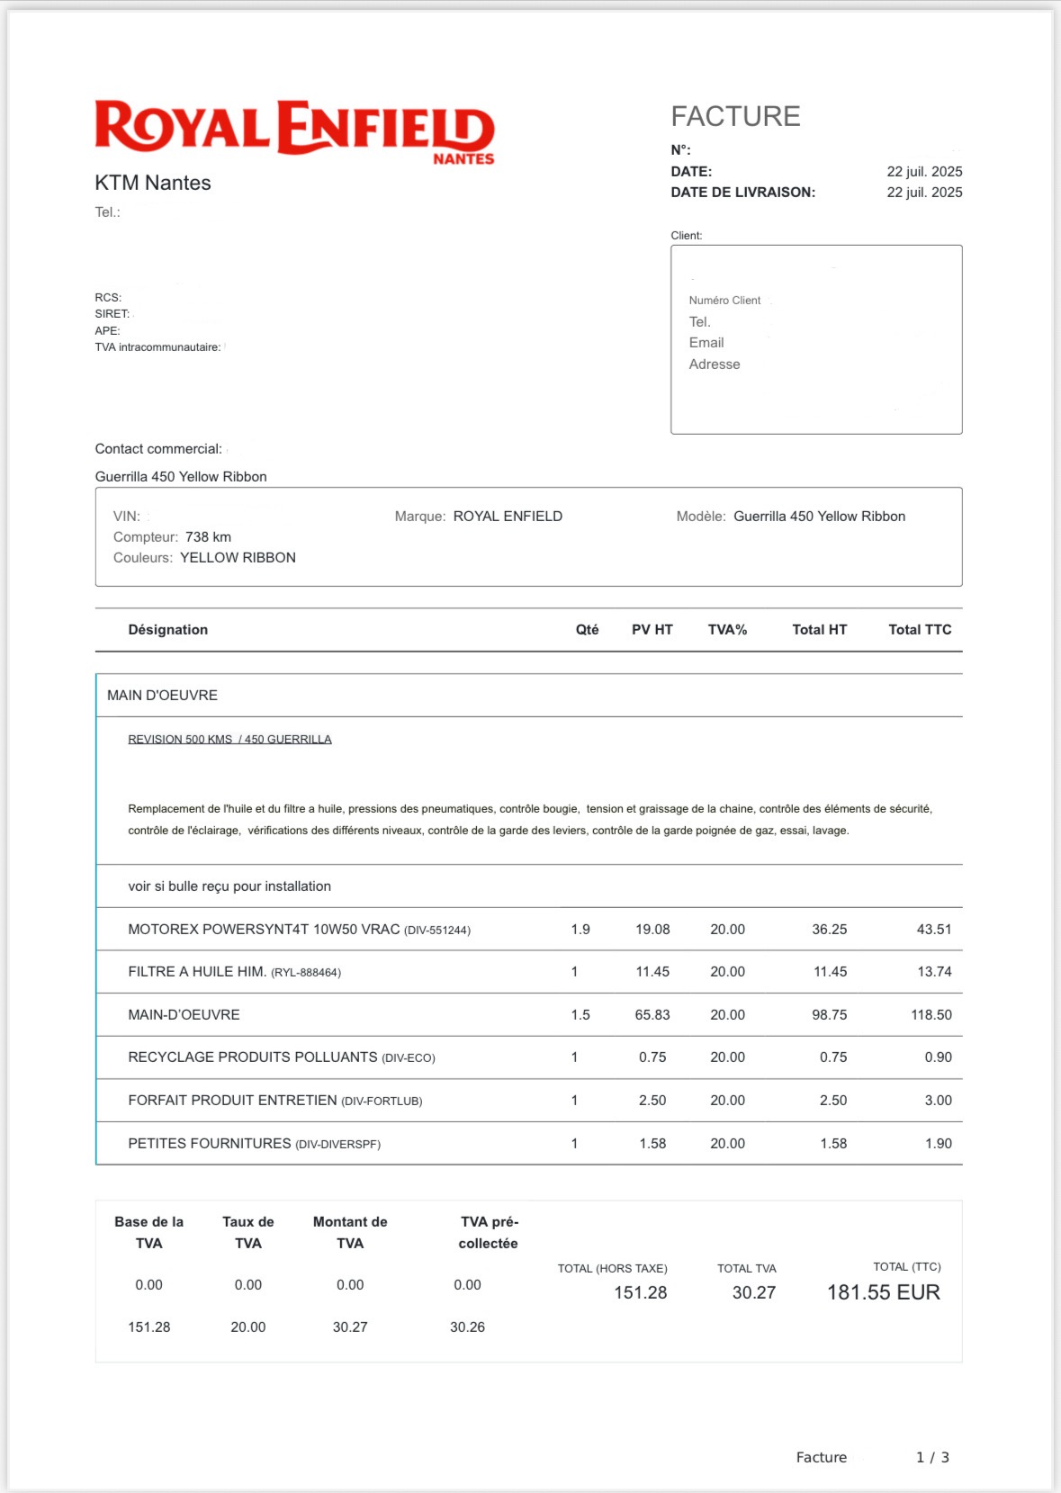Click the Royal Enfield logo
(x=294, y=130)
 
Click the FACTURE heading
(x=735, y=116)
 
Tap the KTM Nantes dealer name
(x=153, y=183)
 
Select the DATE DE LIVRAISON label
(x=742, y=192)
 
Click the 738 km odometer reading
(x=208, y=536)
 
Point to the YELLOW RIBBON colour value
(x=238, y=557)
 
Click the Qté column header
(x=587, y=629)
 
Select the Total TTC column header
(x=919, y=629)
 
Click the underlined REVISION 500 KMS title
(x=229, y=739)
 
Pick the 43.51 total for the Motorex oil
(x=933, y=929)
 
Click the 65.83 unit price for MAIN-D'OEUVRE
(x=652, y=1014)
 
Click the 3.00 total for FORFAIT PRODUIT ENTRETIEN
(x=938, y=1100)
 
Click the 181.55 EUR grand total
(x=883, y=1292)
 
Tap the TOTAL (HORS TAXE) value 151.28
(x=640, y=1292)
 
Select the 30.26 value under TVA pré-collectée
(x=467, y=1327)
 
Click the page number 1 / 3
(x=932, y=1457)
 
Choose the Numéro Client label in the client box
(x=724, y=300)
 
